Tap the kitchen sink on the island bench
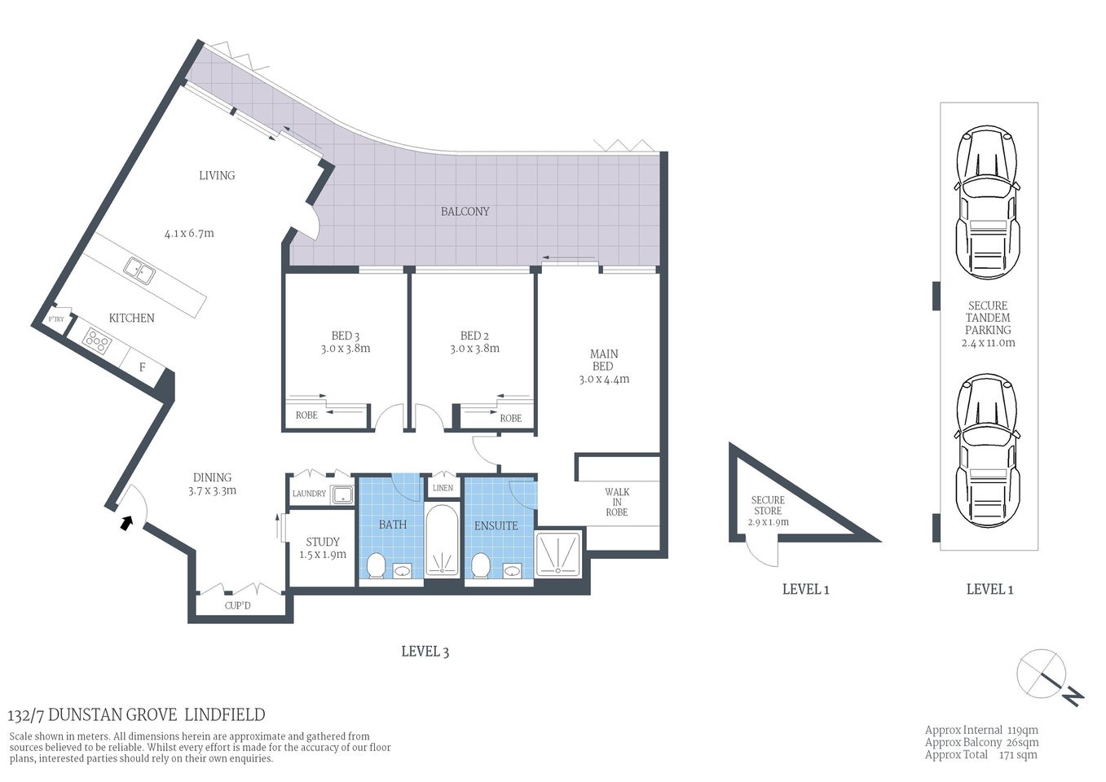pos(139,270)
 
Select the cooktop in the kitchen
pos(97,340)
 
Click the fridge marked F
pos(142,367)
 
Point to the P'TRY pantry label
pos(56,319)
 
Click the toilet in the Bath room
pos(377,565)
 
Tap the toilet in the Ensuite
pos(481,565)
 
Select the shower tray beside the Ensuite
pos(558,554)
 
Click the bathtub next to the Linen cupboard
pos(443,541)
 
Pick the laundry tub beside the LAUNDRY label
pos(341,494)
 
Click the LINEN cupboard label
pos(443,488)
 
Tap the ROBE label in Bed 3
pos(306,415)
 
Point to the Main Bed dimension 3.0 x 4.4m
pos(604,379)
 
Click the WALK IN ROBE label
pos(617,502)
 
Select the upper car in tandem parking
pos(988,203)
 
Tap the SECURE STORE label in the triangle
pos(768,505)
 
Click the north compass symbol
pos(1047,676)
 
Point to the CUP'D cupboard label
pos(238,606)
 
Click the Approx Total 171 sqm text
pos(980,755)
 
